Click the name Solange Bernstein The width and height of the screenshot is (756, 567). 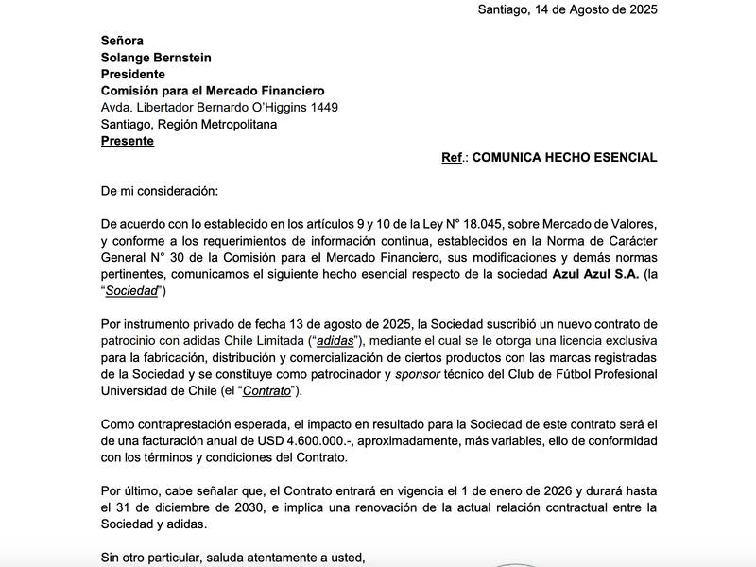point(156,58)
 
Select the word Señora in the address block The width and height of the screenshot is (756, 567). point(123,41)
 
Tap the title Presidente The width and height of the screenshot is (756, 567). point(133,74)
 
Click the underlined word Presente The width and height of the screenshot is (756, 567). point(128,141)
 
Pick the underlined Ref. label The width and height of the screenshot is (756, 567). point(455,158)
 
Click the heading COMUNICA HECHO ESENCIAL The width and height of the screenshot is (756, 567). point(564,158)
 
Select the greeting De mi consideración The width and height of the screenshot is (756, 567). point(160,191)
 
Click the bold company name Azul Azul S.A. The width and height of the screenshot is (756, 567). point(595,274)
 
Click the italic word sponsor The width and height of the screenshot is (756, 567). point(421,373)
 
